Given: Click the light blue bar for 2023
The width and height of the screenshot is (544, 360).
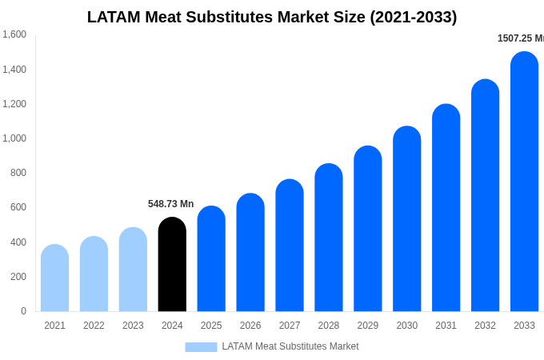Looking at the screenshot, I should [x=133, y=270].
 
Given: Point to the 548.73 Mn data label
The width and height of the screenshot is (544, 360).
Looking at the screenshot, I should [x=170, y=204].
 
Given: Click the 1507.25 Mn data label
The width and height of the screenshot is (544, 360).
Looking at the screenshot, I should [x=520, y=38].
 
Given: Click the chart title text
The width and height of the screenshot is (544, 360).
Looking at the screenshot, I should [x=272, y=17].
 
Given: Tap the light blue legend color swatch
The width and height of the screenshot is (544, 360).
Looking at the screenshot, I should [x=201, y=346].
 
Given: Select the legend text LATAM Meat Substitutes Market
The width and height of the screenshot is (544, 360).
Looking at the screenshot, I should [x=290, y=346].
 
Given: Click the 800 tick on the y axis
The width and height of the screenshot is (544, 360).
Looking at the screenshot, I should [x=18, y=173].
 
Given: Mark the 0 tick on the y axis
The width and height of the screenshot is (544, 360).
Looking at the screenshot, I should [x=23, y=311].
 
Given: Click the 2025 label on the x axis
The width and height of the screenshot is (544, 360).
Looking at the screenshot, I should [x=211, y=326].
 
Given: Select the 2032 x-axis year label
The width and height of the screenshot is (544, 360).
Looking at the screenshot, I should [x=485, y=326].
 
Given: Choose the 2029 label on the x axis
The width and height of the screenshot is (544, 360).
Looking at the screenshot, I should [x=368, y=326].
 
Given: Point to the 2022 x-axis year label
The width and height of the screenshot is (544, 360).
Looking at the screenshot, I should [x=94, y=326].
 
